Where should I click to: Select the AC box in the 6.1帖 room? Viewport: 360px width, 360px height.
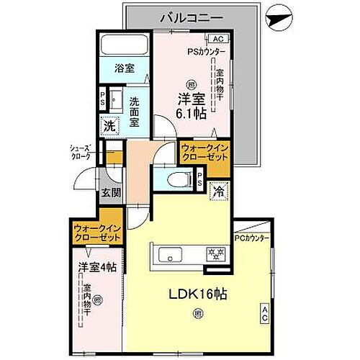217,40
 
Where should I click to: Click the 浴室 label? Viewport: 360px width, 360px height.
125,68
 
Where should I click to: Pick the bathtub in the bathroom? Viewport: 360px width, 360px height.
125,45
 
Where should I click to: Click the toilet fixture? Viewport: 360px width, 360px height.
174,178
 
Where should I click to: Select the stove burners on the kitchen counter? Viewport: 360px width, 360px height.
215,253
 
